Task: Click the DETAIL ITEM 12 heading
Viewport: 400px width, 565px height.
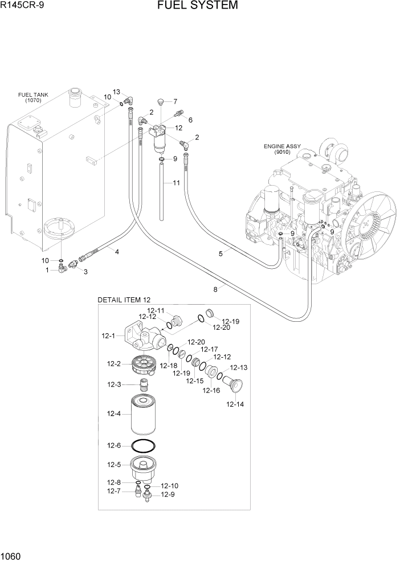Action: (124, 300)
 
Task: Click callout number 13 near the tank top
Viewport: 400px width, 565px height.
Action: (116, 92)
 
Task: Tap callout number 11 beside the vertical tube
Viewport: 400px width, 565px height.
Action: (176, 183)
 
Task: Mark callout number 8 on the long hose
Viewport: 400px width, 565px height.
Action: (215, 289)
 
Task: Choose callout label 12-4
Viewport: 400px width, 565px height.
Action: (113, 415)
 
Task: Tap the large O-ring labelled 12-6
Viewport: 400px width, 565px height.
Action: (144, 446)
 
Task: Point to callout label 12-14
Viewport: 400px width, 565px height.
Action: (235, 405)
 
